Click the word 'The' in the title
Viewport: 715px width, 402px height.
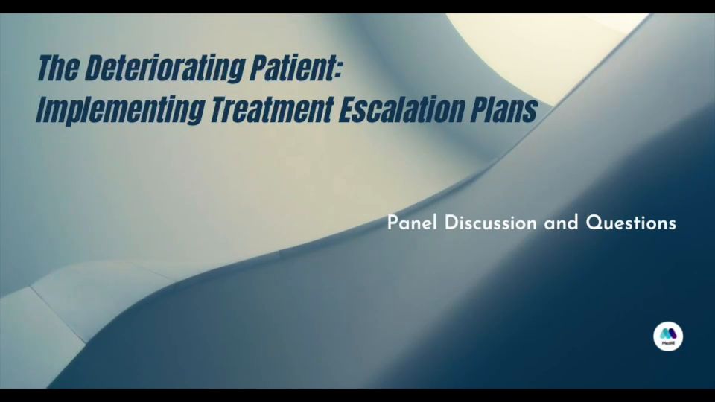click(x=57, y=68)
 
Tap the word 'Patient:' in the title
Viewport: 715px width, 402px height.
click(x=296, y=68)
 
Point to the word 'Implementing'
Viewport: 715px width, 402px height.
click(x=121, y=110)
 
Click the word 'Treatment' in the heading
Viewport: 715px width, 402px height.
click(x=272, y=109)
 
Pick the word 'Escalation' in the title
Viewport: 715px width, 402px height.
click(x=401, y=109)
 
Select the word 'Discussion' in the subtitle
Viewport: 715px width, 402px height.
click(x=490, y=223)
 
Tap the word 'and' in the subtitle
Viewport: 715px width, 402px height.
click(x=561, y=223)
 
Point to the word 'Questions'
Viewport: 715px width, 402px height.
click(x=631, y=223)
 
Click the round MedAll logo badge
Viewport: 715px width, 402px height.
click(x=668, y=336)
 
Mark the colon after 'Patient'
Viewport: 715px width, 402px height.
click(x=337, y=71)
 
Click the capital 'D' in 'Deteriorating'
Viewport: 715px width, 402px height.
click(x=94, y=68)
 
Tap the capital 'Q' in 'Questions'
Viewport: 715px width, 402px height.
click(x=594, y=223)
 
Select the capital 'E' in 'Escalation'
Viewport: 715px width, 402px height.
click(x=347, y=109)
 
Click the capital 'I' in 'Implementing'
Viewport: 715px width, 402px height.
click(x=41, y=109)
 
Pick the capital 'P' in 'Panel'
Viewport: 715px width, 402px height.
click(x=393, y=223)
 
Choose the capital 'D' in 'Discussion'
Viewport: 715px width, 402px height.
click(x=451, y=223)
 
